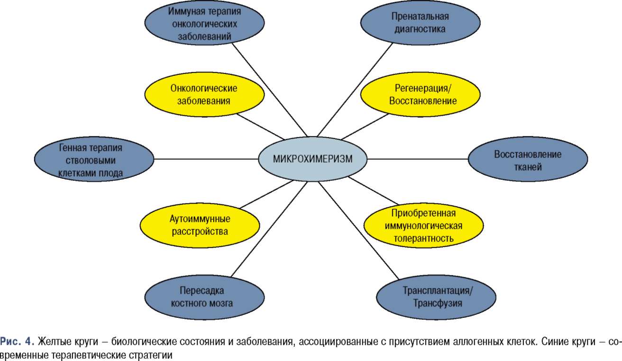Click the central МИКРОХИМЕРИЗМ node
click(x=313, y=159)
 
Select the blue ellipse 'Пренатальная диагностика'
click(x=420, y=22)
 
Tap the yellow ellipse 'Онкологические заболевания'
click(x=204, y=94)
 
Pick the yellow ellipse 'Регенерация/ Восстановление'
click(x=420, y=94)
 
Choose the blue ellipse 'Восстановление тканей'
click(x=528, y=159)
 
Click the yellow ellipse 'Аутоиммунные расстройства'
click(x=200, y=225)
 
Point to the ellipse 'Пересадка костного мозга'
click(x=204, y=297)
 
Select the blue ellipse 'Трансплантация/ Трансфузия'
click(x=436, y=297)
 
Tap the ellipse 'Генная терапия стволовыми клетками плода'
click(x=94, y=159)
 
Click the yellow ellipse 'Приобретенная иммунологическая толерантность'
click(x=423, y=225)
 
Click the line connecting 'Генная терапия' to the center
click(x=206, y=159)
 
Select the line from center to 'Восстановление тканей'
click(x=418, y=159)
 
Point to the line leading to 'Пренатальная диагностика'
click(x=355, y=90)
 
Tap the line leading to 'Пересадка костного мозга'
click(x=269, y=229)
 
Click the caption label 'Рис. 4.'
click(x=17, y=341)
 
